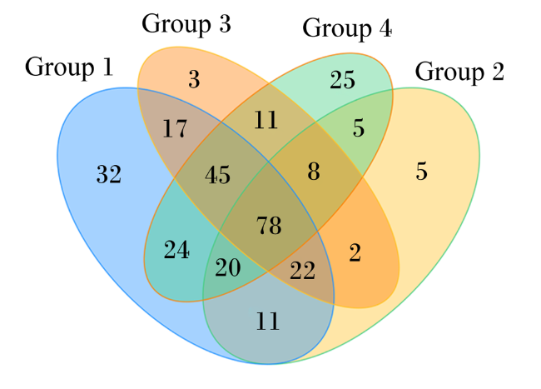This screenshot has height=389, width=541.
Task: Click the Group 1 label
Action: coord(69,67)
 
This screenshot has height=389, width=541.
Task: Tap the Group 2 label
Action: coord(459,72)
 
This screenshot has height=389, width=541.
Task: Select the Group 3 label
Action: coord(186,24)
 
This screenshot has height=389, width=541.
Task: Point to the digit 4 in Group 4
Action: coord(385,28)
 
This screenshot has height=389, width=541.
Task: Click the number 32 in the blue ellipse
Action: coord(109,174)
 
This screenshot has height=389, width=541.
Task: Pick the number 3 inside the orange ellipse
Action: coord(194,79)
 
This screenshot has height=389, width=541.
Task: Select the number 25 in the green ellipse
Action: coord(342,80)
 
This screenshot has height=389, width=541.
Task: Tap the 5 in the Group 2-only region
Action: coord(422,172)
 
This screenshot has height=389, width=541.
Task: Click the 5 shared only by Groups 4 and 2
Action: coord(359,128)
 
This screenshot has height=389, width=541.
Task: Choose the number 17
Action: coord(175,129)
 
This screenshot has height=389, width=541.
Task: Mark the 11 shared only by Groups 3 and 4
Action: coord(266,120)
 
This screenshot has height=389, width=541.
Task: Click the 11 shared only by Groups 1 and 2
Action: coord(268,322)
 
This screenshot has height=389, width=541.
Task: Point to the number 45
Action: coord(218,175)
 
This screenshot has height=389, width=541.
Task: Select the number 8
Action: coord(314,172)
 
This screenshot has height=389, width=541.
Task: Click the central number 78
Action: coord(269,226)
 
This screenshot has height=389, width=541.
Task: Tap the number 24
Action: coord(176,250)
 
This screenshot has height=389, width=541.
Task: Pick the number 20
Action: coord(228,268)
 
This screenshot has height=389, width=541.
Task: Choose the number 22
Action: coord(303,271)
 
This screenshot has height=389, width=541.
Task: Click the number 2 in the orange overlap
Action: coord(355,252)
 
